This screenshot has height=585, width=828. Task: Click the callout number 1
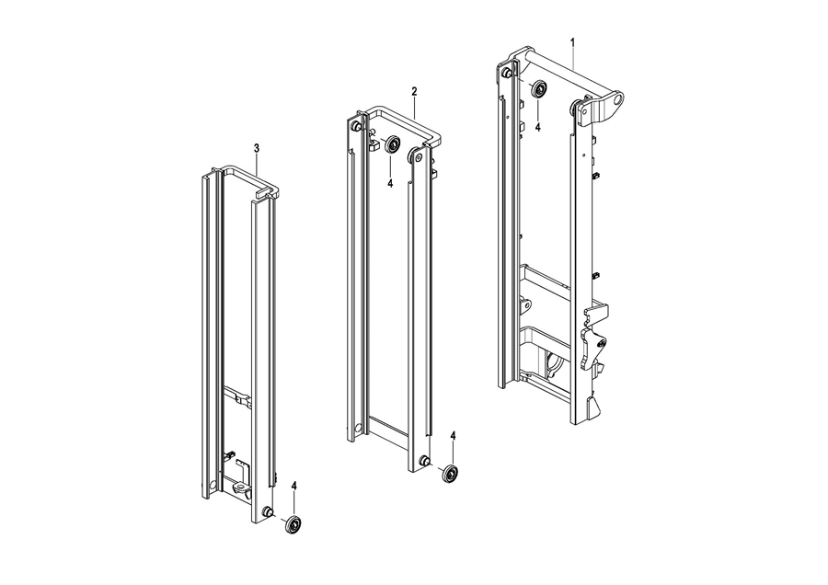(x=573, y=42)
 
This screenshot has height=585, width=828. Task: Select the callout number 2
(x=415, y=91)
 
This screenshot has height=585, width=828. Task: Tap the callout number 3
(x=257, y=148)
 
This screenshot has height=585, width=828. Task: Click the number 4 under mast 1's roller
(x=537, y=127)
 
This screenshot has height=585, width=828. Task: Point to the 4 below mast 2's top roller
(x=390, y=183)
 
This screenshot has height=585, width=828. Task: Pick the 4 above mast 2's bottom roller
(x=453, y=436)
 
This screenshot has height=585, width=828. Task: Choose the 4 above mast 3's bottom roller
(x=294, y=486)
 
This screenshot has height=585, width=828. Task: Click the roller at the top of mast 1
(x=538, y=88)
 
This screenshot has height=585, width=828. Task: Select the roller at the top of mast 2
(x=392, y=144)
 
